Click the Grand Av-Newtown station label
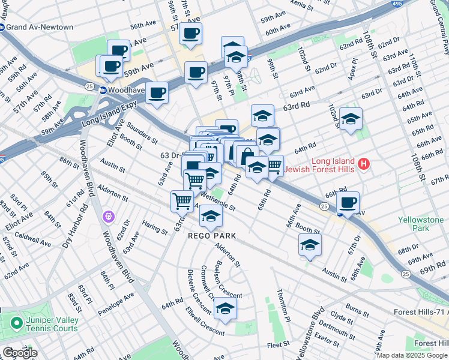(x=40, y=27)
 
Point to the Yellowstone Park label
(x=421, y=224)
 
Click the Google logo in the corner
(x=19, y=353)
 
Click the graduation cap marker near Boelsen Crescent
(x=226, y=308)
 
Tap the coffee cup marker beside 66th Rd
(x=348, y=202)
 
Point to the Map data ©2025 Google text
(x=412, y=355)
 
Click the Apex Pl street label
(x=355, y=69)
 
